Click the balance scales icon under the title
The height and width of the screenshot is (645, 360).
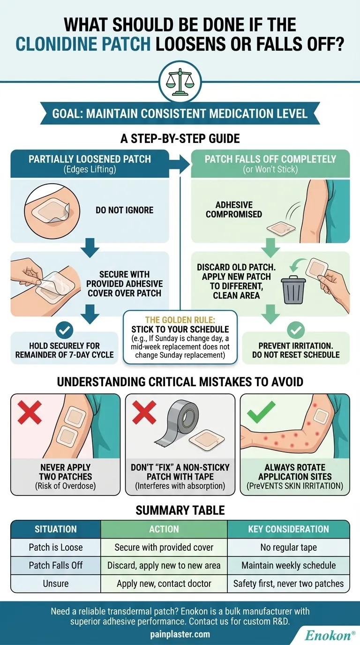pyautogui.click(x=180, y=82)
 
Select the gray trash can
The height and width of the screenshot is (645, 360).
pyautogui.click(x=293, y=290)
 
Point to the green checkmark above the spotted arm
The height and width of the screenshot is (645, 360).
pyautogui.click(x=261, y=412)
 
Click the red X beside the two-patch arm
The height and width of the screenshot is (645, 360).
pyautogui.click(x=30, y=412)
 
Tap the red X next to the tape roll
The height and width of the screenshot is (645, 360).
pyautogui.click(x=144, y=412)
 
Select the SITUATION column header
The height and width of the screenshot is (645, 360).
pyautogui.click(x=56, y=529)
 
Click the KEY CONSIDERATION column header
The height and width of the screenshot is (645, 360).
pyautogui.click(x=289, y=529)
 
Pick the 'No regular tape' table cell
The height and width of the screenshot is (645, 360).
pyautogui.click(x=289, y=547)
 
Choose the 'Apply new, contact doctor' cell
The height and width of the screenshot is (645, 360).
pyautogui.click(x=164, y=584)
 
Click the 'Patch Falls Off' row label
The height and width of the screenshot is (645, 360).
pyautogui.click(x=56, y=565)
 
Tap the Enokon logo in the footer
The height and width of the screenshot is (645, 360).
pyautogui.click(x=330, y=635)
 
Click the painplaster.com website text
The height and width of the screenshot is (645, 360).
pyautogui.click(x=180, y=634)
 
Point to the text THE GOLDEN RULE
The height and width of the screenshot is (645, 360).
pyautogui.click(x=180, y=320)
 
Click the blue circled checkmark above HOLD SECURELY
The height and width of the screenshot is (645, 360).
pyautogui.click(x=64, y=330)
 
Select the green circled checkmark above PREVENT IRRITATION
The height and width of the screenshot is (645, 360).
pyautogui.click(x=296, y=330)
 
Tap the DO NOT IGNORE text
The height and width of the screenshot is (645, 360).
pyautogui.click(x=124, y=210)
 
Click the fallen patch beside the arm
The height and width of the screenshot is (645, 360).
pyautogui.click(x=281, y=228)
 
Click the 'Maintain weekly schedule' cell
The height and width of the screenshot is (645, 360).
pyautogui.click(x=289, y=565)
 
